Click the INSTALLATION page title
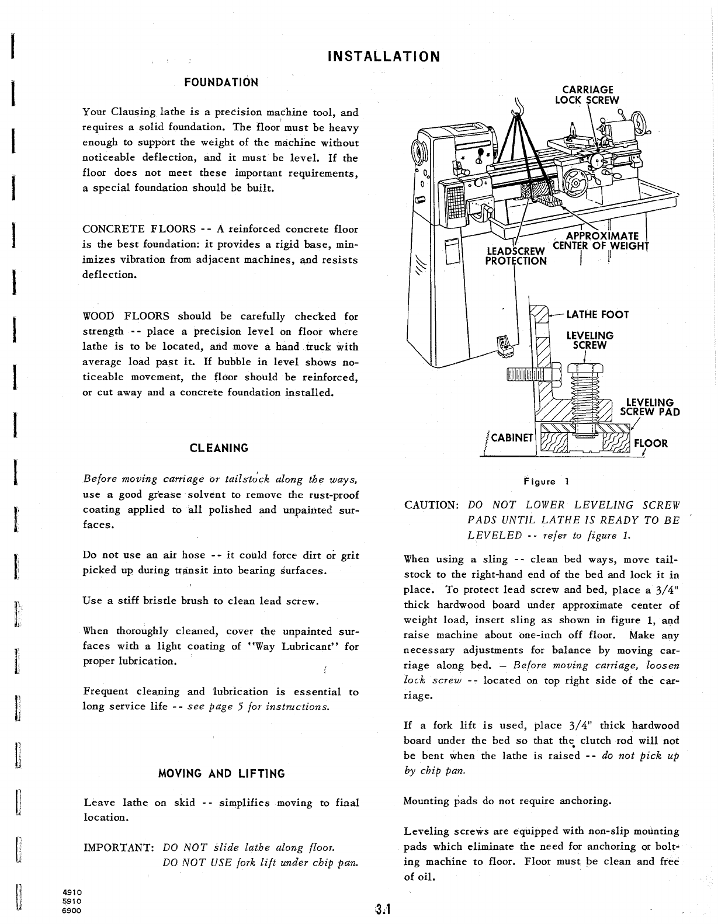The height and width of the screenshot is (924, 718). coord(383,57)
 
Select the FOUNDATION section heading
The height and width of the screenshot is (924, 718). coord(221,82)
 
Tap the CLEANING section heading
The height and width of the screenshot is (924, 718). coord(219,448)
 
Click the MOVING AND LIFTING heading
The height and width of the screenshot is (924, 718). coord(221,774)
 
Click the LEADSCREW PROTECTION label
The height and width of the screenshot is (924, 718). coord(516,256)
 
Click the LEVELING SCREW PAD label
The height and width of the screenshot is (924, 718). coord(650,407)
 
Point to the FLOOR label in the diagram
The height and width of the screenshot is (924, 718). coord(651,443)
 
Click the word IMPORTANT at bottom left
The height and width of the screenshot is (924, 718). coord(119,847)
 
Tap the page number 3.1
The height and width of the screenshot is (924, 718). coord(383,909)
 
